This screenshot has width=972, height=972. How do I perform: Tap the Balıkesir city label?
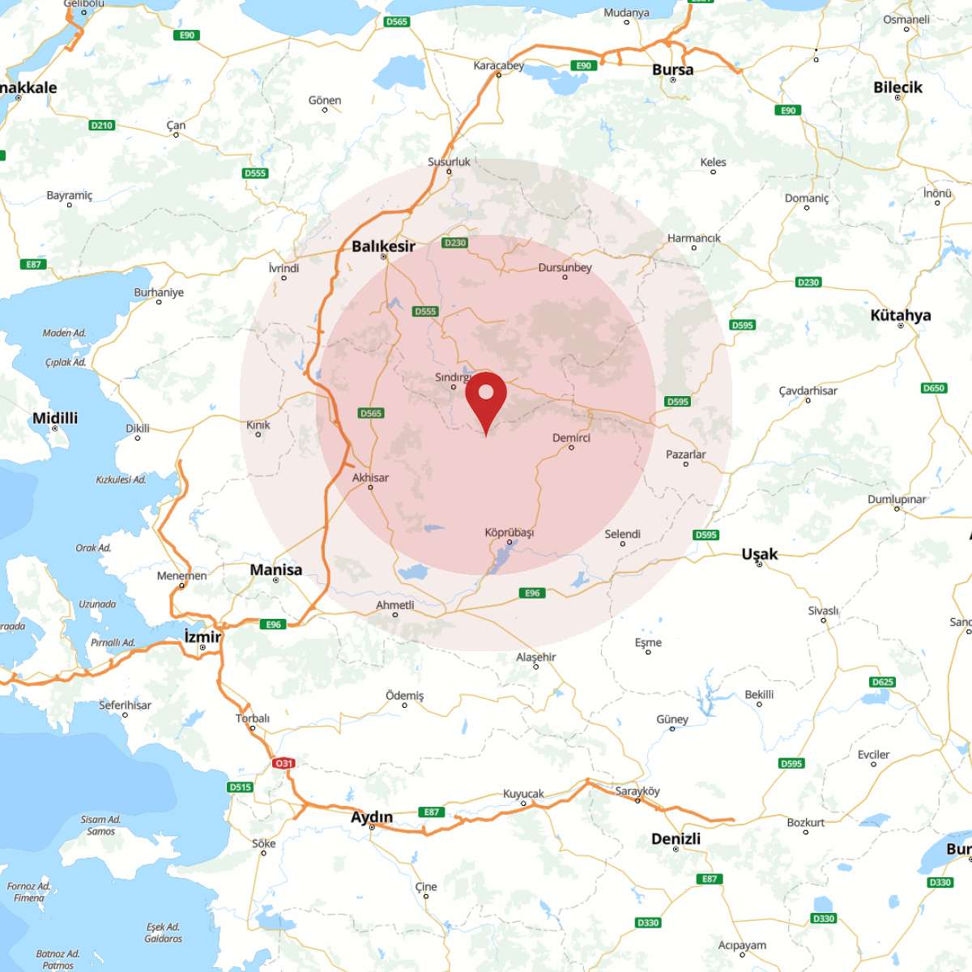tap(383, 246)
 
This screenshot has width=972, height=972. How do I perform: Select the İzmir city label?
tap(202, 637)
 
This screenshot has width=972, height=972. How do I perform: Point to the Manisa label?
tap(275, 569)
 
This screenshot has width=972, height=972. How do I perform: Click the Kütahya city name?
tap(900, 315)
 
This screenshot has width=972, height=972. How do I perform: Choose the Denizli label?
tap(676, 838)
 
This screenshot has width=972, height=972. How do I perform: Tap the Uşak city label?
tap(759, 554)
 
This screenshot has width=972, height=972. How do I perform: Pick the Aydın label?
tap(372, 816)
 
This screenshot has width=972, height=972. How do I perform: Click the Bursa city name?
tap(672, 70)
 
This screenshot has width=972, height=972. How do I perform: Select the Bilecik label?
tap(897, 87)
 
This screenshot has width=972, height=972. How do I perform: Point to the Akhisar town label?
tap(370, 478)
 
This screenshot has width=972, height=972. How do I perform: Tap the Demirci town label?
tap(571, 438)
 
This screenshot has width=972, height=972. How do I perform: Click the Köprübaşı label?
tap(509, 533)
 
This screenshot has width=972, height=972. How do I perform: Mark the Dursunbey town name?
tap(565, 267)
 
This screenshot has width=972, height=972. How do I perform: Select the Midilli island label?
tap(55, 418)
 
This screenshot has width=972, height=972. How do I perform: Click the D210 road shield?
tap(102, 126)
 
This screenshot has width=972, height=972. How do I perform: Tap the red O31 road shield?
tap(283, 763)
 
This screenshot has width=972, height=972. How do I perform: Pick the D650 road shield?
tap(934, 388)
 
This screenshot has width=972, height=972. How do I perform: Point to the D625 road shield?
tap(882, 682)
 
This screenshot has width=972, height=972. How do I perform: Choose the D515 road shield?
tap(241, 787)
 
